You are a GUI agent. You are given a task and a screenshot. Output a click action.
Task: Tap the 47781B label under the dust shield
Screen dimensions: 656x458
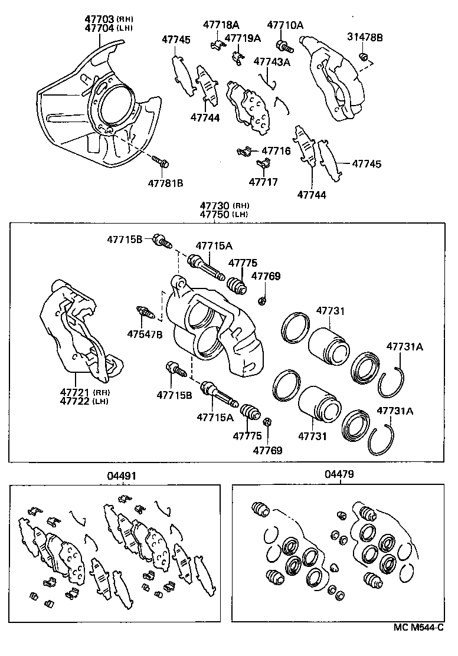pyautogui.click(x=165, y=183)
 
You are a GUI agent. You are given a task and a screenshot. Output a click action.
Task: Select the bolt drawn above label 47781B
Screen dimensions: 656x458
pyautogui.click(x=161, y=160)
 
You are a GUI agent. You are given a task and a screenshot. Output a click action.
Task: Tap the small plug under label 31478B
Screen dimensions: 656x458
pyautogui.click(x=364, y=57)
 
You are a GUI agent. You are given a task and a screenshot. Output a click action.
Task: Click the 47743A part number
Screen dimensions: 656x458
pyautogui.click(x=271, y=61)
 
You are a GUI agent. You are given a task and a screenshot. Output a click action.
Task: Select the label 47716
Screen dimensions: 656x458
pyautogui.click(x=276, y=151)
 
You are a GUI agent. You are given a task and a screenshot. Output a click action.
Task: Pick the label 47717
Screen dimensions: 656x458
pyautogui.click(x=263, y=182)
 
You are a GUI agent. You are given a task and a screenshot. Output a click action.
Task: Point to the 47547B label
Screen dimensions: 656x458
pyautogui.click(x=144, y=334)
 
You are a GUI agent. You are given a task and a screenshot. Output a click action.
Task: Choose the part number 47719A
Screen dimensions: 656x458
pyautogui.click(x=243, y=38)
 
